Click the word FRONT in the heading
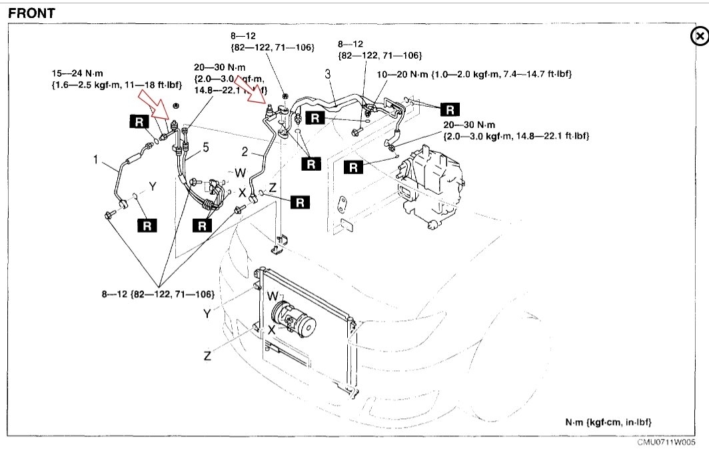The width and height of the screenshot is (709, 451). tap(31, 13)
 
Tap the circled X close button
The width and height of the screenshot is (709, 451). tap(699, 37)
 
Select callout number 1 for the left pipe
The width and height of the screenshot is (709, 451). tap(96, 159)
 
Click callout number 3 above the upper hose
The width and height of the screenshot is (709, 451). tap(328, 74)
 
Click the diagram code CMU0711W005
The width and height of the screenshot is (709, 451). tap(666, 442)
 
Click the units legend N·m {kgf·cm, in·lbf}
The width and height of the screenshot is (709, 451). tap(608, 422)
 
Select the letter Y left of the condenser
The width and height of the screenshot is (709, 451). tap(207, 312)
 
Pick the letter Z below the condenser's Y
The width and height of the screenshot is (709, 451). tap(207, 356)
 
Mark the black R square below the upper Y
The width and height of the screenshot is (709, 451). tap(148, 225)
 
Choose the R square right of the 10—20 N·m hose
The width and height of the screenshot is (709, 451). tap(451, 109)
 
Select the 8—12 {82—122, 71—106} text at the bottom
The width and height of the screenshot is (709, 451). tap(157, 294)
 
